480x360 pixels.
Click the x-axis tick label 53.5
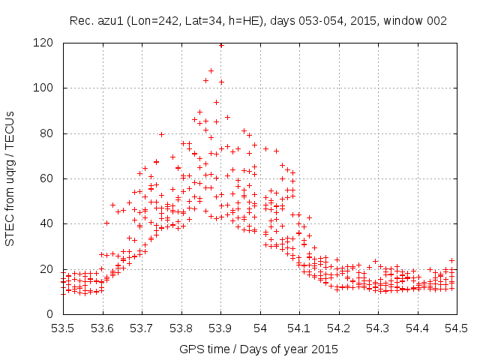tap(63, 328)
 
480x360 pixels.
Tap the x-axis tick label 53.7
tap(142, 328)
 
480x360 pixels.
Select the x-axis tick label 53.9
tap(220, 328)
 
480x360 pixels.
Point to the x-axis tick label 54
tap(260, 328)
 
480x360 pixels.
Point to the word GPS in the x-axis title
tap(190, 349)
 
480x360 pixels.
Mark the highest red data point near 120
tap(221, 45)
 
